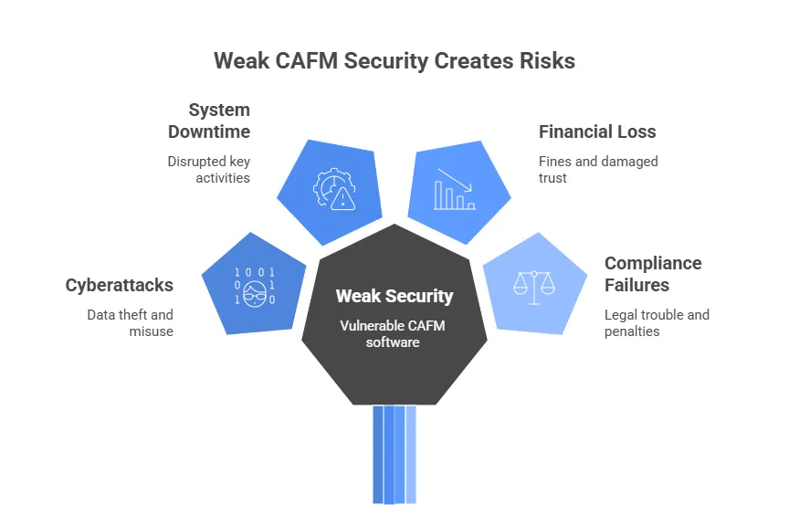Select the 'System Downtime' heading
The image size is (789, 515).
pyautogui.click(x=209, y=121)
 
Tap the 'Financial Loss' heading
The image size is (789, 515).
pyautogui.click(x=597, y=131)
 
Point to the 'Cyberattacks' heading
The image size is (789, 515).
pyautogui.click(x=120, y=285)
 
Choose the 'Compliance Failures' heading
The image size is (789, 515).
pyautogui.click(x=653, y=274)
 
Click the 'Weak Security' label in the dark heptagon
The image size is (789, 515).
pyautogui.click(x=394, y=296)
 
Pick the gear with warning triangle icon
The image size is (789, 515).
pyautogui.click(x=334, y=189)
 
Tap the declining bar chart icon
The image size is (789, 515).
pyautogui.click(x=455, y=189)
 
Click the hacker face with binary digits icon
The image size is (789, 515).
pyautogui.click(x=255, y=286)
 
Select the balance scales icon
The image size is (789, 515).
pyautogui.click(x=534, y=288)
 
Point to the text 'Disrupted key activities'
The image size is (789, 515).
pyautogui.click(x=209, y=170)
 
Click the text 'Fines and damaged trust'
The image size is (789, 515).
pyautogui.click(x=598, y=170)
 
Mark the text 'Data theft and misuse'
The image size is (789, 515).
pyautogui.click(x=131, y=323)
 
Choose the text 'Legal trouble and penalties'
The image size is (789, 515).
pyautogui.click(x=657, y=323)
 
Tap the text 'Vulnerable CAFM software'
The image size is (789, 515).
pyautogui.click(x=393, y=334)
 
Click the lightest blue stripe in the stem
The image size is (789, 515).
pyautogui.click(x=411, y=455)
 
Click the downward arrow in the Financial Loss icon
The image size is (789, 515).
pyautogui.click(x=455, y=180)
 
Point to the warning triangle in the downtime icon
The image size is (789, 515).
pyautogui.click(x=343, y=199)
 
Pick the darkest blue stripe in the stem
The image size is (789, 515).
pyautogui.click(x=378, y=455)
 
